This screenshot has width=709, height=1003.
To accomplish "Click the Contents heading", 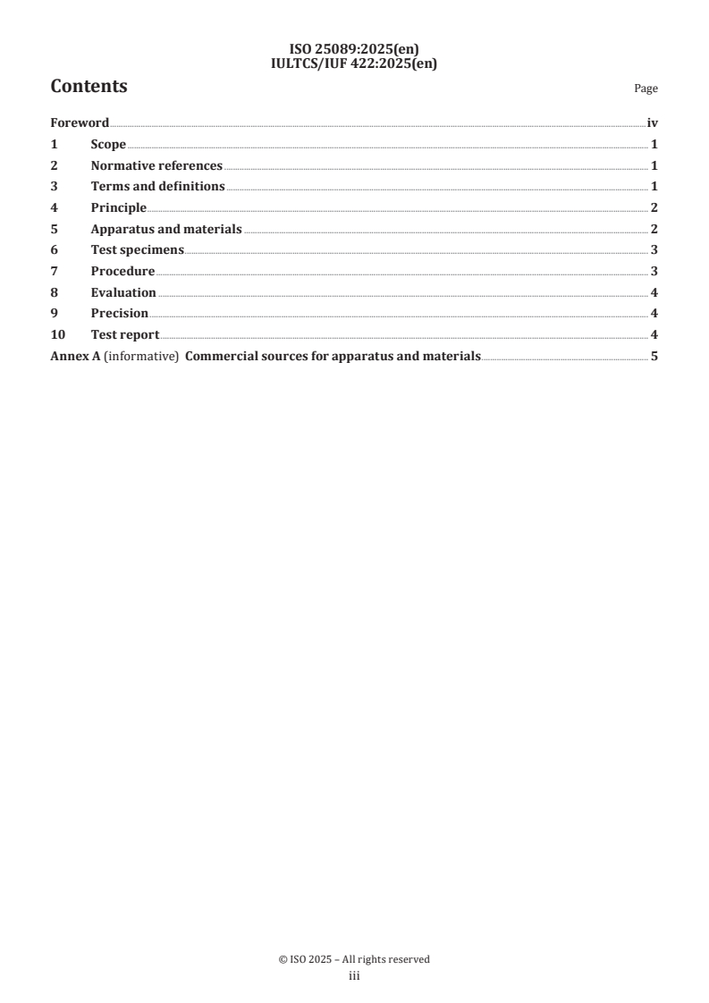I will (x=89, y=87).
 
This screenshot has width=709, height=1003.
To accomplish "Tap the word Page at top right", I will (x=646, y=89).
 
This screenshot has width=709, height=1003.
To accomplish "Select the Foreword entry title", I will (x=80, y=123).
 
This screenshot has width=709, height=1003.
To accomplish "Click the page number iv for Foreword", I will (x=652, y=123).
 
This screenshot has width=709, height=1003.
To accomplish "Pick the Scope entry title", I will (x=108, y=145).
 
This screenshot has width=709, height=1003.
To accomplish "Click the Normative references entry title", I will (x=156, y=165).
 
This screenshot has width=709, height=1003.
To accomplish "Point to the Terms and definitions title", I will (x=157, y=187).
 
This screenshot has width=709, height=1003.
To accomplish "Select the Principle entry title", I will (x=119, y=208).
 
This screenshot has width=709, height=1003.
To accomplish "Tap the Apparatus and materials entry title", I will (x=166, y=229).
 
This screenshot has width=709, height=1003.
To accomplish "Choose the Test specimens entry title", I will (x=138, y=250).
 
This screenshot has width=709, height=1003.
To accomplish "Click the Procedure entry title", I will (x=122, y=272).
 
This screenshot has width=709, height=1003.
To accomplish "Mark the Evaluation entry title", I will (x=123, y=292).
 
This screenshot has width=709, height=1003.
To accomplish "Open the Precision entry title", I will (x=120, y=314).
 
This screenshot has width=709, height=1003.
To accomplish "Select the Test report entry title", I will (x=125, y=335).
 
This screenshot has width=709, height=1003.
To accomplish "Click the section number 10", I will (x=56, y=335).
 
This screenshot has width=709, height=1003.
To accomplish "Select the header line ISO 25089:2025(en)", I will (x=354, y=50).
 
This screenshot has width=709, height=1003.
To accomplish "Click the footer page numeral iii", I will (x=354, y=977).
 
